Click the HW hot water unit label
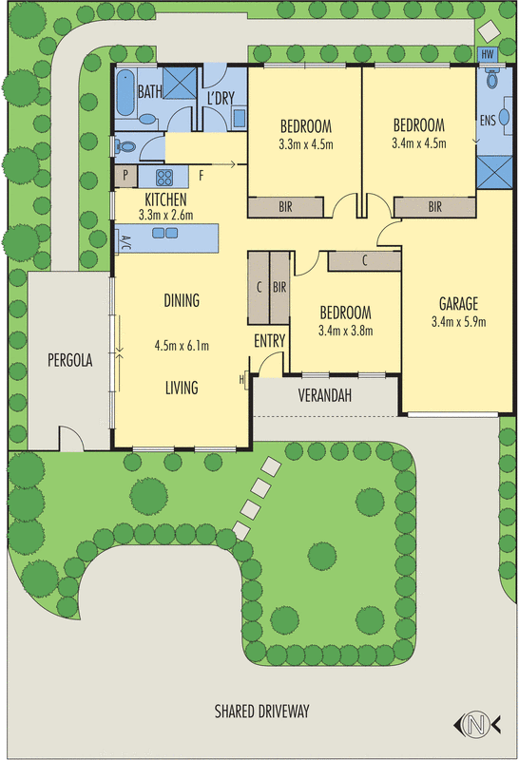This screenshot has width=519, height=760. pyautogui.click(x=488, y=55)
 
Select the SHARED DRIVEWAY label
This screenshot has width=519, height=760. pyautogui.click(x=261, y=711)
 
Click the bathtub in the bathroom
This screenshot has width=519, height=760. pyautogui.click(x=125, y=92)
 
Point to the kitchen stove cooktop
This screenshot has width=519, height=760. pyautogui.click(x=162, y=177)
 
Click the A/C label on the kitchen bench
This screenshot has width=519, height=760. pyautogui.click(x=126, y=239)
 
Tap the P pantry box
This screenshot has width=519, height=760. pyautogui.click(x=125, y=176)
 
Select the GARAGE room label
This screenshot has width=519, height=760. pyautogui.click(x=458, y=304)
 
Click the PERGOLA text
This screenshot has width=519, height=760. pyautogui.click(x=68, y=360)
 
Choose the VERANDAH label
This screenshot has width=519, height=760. pyautogui.click(x=326, y=394)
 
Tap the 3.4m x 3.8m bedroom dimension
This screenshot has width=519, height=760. pyautogui.click(x=345, y=331)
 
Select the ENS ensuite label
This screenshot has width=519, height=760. pyautogui.click(x=488, y=121)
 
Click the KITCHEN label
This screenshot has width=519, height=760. pyautogui.click(x=165, y=199)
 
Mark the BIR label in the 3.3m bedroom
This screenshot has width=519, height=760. pyautogui.click(x=285, y=206)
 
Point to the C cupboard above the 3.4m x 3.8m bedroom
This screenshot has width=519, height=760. pyautogui.click(x=365, y=259)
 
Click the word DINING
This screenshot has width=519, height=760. pyautogui.click(x=182, y=301)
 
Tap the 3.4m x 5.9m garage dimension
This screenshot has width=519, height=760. pyautogui.click(x=458, y=321)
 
